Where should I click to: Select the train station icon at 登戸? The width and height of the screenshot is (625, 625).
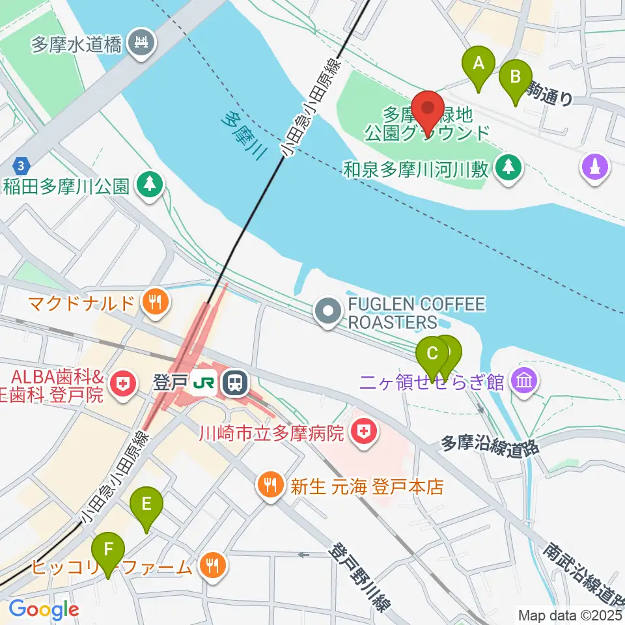tap(234, 382)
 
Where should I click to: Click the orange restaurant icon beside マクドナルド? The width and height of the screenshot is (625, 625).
tap(155, 301)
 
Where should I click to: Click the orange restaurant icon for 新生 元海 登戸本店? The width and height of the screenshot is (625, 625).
tap(271, 486)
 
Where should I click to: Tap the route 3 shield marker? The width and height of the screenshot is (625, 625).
tap(21, 163)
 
